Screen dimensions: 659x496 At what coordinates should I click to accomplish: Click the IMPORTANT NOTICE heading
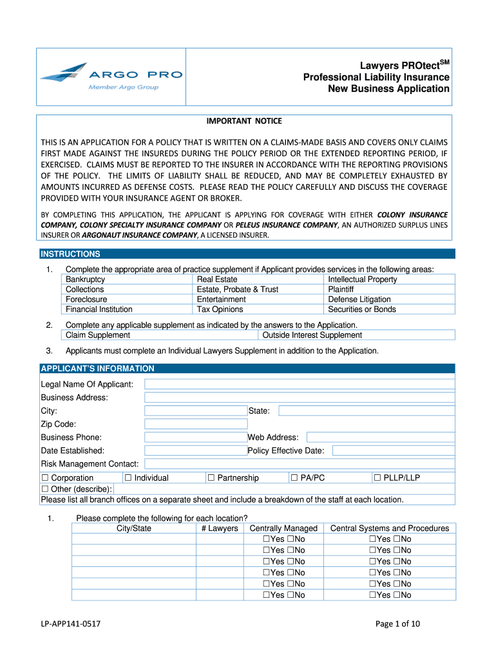click(x=243, y=121)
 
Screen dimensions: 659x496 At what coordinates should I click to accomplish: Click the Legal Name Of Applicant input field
click(x=300, y=384)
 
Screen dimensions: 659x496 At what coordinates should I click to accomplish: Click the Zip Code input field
click(x=196, y=424)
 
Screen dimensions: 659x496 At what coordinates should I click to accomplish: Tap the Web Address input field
click(x=380, y=438)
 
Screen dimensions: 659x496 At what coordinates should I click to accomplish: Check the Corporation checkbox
click(x=45, y=478)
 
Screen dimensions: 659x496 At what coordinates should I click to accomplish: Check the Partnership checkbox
click(x=211, y=478)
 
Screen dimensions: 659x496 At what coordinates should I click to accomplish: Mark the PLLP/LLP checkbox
click(x=377, y=478)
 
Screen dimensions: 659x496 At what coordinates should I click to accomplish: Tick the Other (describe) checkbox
click(x=45, y=489)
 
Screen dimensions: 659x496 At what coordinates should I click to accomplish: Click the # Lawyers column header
click(x=219, y=528)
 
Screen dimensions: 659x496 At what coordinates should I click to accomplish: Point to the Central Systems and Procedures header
click(x=389, y=528)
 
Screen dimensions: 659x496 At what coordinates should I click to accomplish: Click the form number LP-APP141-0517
click(x=70, y=624)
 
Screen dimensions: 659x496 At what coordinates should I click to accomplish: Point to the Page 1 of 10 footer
click(x=397, y=624)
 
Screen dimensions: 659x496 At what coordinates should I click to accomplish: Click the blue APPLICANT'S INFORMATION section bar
click(x=247, y=369)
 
